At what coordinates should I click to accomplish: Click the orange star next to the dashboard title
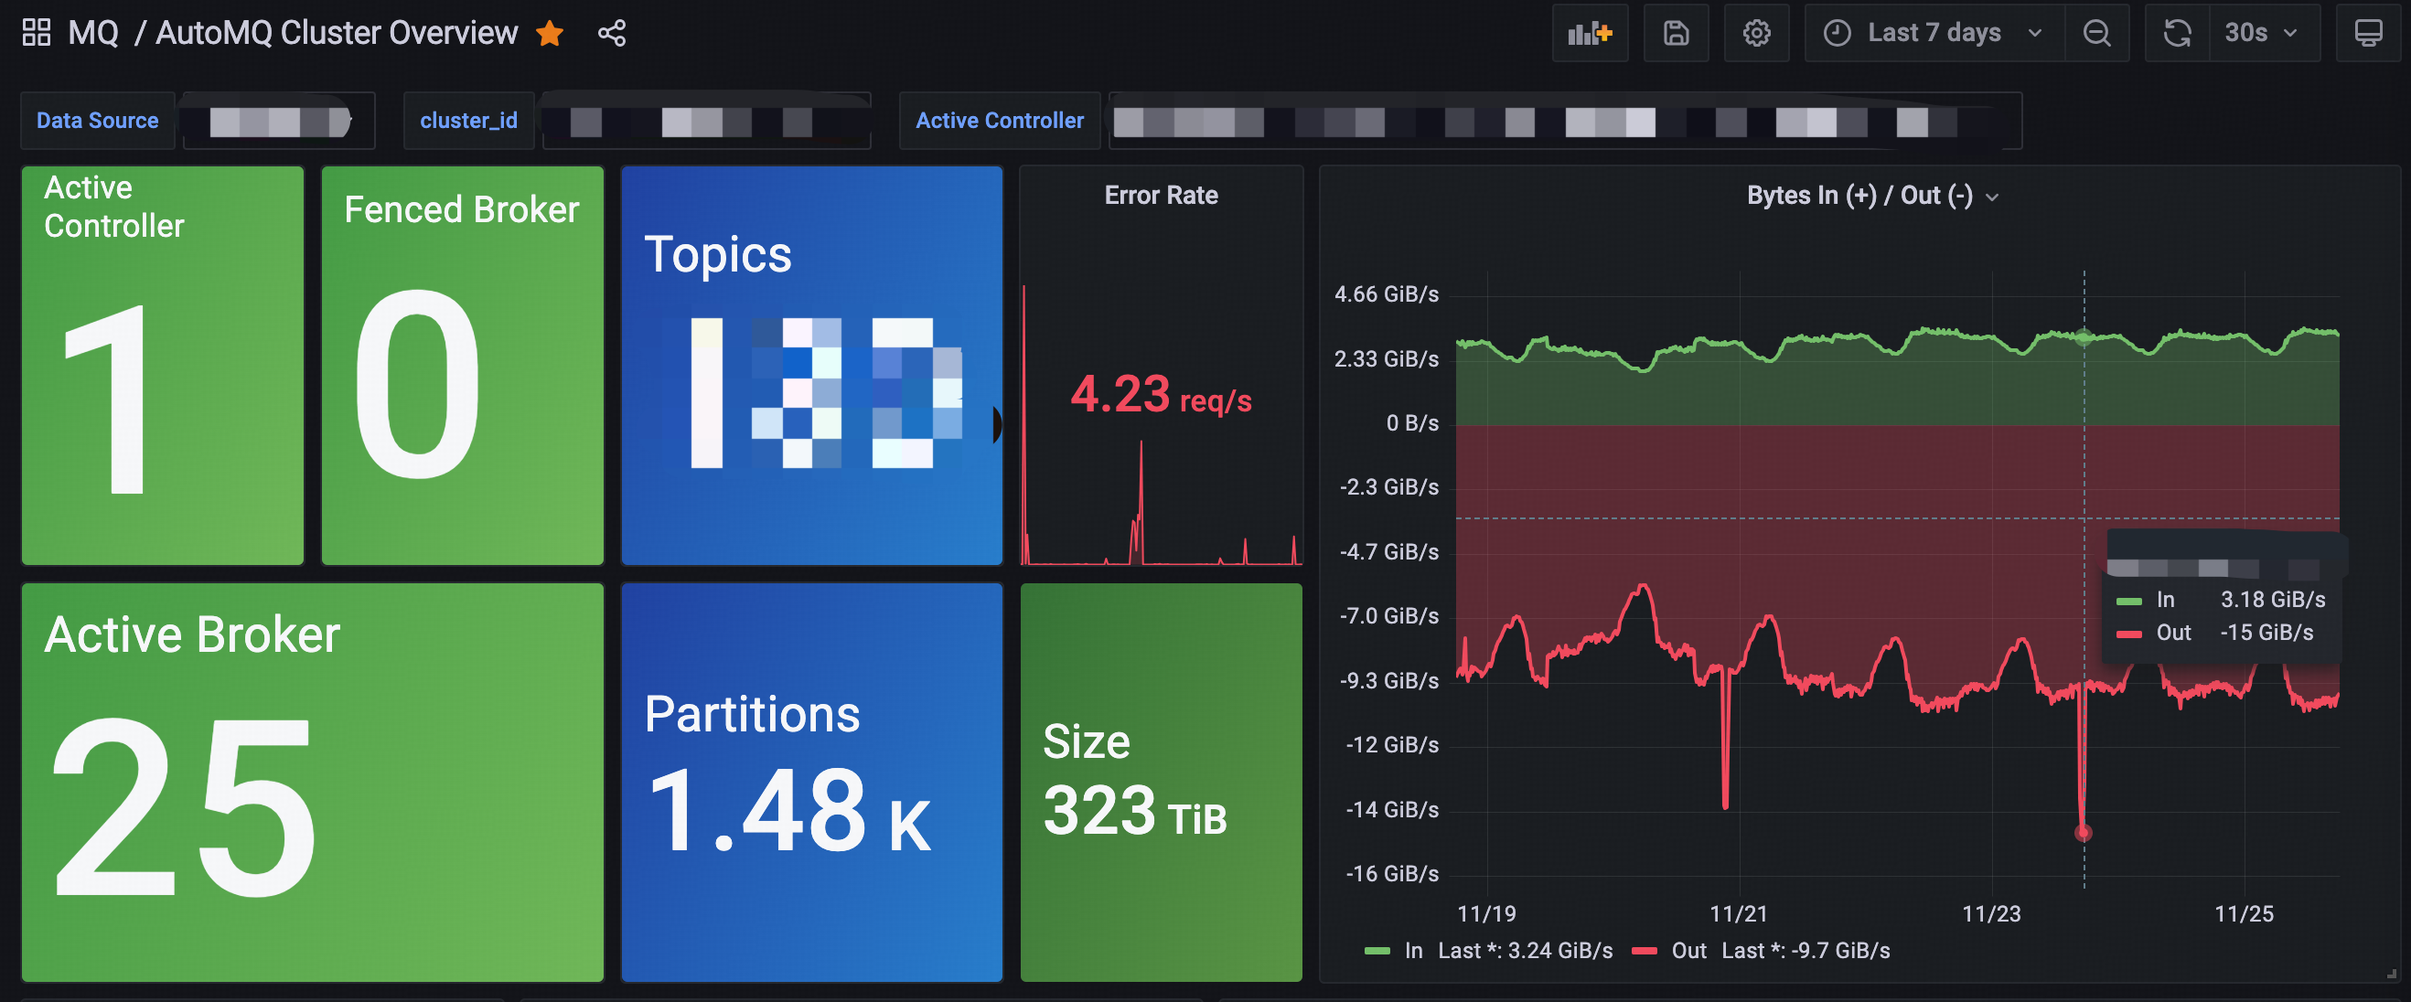click(550, 34)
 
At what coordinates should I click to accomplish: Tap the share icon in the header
click(612, 34)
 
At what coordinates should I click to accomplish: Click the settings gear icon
click(1756, 34)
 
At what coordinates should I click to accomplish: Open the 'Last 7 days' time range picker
click(1933, 34)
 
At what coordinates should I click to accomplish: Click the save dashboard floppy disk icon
click(1676, 34)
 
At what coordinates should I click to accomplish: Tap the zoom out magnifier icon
click(2096, 34)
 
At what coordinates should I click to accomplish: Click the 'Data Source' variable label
click(97, 121)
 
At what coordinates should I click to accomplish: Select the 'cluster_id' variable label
click(468, 121)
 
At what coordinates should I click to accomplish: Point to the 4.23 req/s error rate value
click(1161, 395)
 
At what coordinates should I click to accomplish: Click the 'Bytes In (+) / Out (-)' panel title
click(1859, 196)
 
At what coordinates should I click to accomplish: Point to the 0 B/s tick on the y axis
click(1412, 424)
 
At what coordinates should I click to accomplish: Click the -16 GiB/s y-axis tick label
click(1392, 874)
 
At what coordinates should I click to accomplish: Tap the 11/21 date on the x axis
click(1738, 914)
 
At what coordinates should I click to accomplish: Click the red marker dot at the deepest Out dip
click(2083, 833)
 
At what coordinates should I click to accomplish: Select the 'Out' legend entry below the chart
click(1688, 951)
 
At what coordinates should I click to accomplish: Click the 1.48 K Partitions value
click(789, 810)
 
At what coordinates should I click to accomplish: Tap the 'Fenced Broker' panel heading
click(461, 209)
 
